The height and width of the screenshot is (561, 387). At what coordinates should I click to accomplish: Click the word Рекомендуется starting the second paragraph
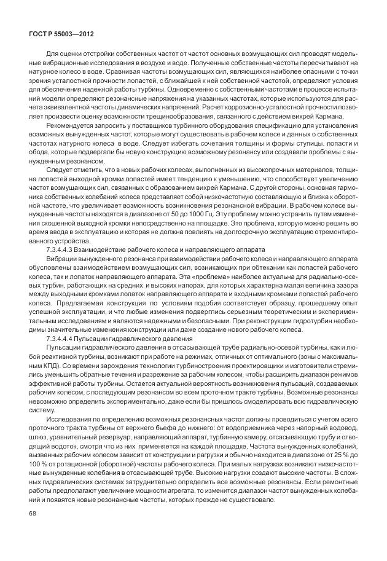[66, 139]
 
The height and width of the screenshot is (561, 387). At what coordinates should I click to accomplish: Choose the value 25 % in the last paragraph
[346, 475]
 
